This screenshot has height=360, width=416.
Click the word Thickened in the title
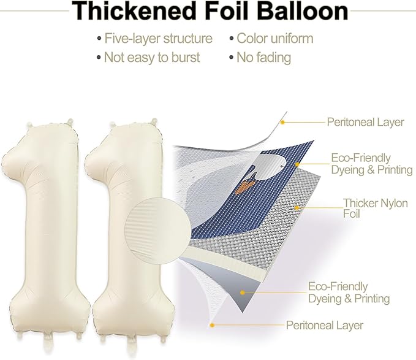click(134, 11)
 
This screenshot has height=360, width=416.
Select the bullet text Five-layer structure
click(158, 39)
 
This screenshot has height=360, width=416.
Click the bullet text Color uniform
click(275, 38)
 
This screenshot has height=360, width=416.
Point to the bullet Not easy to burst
click(152, 58)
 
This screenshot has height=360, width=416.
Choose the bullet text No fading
click(263, 58)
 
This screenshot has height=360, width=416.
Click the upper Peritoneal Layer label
click(365, 122)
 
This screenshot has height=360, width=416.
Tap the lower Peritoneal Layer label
click(325, 325)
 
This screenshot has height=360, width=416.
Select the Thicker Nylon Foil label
click(375, 208)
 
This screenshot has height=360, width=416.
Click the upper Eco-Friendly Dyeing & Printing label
click(372, 164)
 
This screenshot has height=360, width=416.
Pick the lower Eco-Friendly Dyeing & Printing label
click(349, 293)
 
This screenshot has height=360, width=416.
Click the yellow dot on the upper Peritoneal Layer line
click(283, 123)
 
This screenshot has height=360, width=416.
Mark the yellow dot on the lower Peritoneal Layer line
click(212, 325)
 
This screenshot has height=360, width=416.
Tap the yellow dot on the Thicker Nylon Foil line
click(297, 208)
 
